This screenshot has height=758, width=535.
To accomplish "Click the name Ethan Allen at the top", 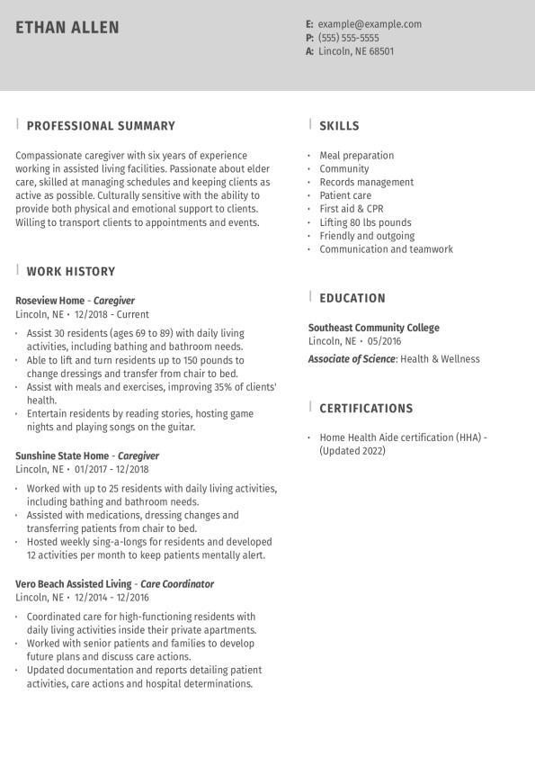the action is point(67,28).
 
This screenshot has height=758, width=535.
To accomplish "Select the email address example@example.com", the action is point(370,24).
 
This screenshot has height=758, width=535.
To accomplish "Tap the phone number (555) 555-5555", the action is point(348,38).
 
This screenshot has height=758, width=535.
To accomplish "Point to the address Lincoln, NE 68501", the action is point(356,51).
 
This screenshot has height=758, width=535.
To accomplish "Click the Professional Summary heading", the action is point(101,126).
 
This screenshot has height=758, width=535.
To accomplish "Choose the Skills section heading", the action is point(339,126).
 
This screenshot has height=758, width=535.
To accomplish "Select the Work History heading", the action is point(71,271).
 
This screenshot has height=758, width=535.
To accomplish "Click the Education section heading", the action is point(352,298).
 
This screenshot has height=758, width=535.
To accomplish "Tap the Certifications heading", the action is point(366,409).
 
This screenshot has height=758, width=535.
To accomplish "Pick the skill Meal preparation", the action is point(357,155).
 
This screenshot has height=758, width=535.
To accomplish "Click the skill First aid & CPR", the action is point(352,209).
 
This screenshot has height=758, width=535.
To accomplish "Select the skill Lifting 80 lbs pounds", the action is point(365,222).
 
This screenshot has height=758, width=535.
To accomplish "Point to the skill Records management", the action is point(367,182).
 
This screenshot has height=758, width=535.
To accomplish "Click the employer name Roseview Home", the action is point(49,301).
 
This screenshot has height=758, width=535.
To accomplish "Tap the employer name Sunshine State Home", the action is point(62,456).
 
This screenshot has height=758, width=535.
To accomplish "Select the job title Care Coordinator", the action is point(177,584).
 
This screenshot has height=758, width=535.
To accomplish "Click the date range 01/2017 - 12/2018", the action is point(111,469).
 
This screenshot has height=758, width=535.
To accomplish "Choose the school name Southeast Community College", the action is point(374,328).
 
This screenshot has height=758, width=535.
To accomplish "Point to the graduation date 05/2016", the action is point(384,341).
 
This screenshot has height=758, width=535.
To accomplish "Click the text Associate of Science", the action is point(352,359).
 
